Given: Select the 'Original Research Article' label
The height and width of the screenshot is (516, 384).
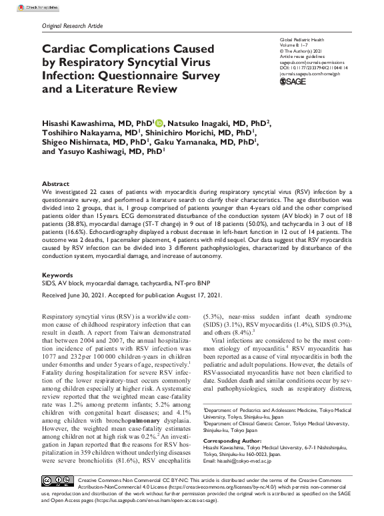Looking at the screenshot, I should pos(73,25).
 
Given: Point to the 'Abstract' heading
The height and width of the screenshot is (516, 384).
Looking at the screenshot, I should pos(55,183).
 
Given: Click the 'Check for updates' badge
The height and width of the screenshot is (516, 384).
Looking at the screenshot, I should pos(23,5).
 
